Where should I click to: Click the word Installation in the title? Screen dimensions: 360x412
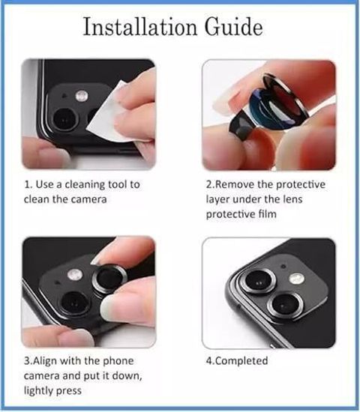140,27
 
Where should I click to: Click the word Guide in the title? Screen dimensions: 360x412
234,27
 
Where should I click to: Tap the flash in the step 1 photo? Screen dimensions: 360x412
82,96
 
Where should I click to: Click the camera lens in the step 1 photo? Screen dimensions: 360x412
65,119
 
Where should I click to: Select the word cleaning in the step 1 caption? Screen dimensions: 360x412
86,185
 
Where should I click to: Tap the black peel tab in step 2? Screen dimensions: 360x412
241,124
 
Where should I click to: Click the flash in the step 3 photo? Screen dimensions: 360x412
75,275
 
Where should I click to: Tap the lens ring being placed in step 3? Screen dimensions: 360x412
109,279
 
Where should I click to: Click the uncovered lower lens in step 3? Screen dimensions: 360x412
75,303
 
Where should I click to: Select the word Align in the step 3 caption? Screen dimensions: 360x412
44,361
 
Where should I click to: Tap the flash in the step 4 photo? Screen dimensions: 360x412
297,279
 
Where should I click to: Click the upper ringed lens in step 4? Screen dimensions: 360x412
259,281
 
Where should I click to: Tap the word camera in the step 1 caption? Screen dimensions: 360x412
89,200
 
